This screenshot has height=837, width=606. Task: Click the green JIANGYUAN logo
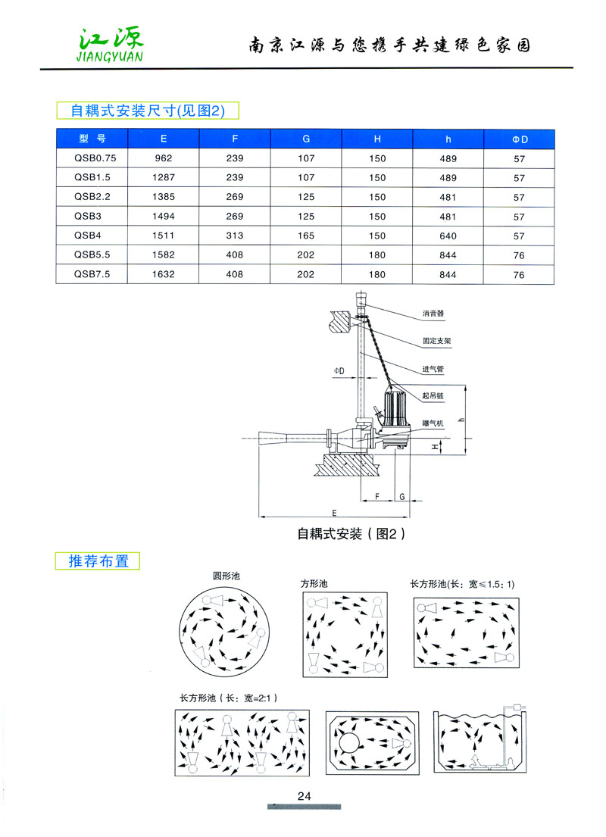coord(110,43)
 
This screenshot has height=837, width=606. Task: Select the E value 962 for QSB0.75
coord(164,158)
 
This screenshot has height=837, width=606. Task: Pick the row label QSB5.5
coord(93,255)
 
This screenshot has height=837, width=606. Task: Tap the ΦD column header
coord(519,139)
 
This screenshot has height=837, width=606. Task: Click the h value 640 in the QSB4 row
coord(448,236)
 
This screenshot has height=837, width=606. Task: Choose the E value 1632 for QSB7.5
coord(164,275)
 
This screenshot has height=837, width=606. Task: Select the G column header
coord(306,139)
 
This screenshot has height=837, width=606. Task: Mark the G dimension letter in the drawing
coord(403,496)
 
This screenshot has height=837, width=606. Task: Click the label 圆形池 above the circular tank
coord(226,576)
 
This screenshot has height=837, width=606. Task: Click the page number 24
coord(305,796)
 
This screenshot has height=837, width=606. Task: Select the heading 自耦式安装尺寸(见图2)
coord(148,111)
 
